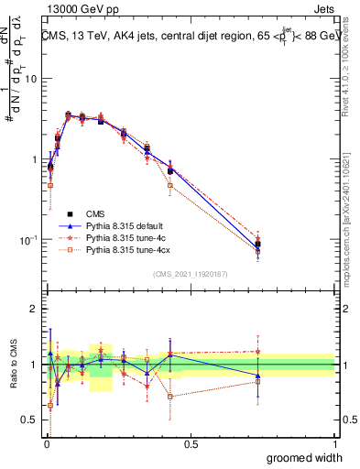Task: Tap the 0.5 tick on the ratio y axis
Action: (x=29, y=421)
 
